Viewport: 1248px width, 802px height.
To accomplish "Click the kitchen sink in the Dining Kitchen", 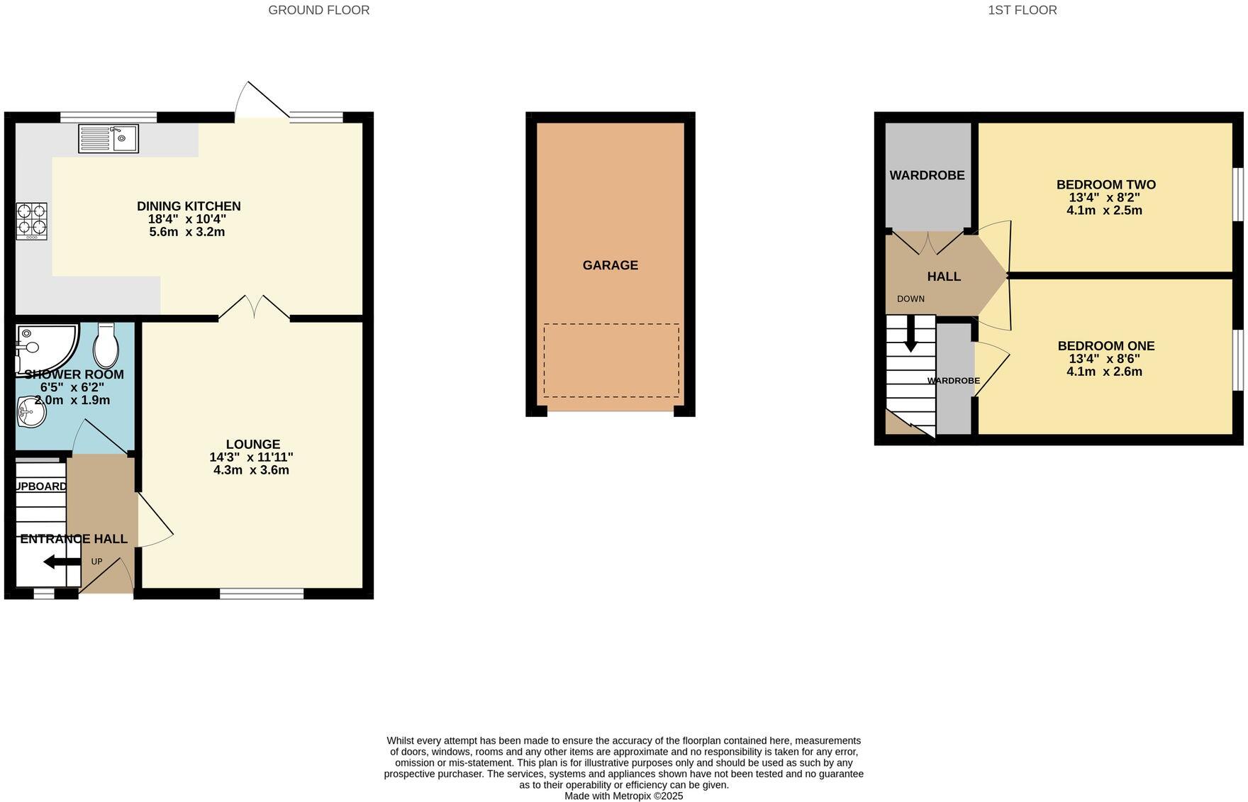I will (x=108, y=138).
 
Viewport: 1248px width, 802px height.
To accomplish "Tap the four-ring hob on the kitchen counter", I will (x=32, y=220).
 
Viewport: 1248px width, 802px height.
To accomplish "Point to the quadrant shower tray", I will (x=43, y=345).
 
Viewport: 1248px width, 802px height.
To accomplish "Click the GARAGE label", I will (x=610, y=265).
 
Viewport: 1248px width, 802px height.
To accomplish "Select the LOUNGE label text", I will (x=252, y=445).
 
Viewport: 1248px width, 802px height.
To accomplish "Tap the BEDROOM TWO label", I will (x=1105, y=185).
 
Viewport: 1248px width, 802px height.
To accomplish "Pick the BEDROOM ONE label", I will (x=1105, y=346).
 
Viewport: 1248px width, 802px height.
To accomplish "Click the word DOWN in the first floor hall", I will (x=910, y=299).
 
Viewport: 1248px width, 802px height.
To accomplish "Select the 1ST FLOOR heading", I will (x=1022, y=10).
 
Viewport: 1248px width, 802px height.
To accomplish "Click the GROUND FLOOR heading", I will (x=318, y=10).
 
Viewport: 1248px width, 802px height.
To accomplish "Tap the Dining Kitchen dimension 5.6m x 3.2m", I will (x=187, y=232).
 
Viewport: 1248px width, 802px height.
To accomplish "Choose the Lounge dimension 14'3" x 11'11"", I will (x=251, y=457).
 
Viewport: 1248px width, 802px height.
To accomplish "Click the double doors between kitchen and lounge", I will (x=254, y=309).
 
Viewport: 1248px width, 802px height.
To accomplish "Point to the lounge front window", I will (x=262, y=594).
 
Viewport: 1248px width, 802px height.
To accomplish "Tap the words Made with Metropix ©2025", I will (x=623, y=796).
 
